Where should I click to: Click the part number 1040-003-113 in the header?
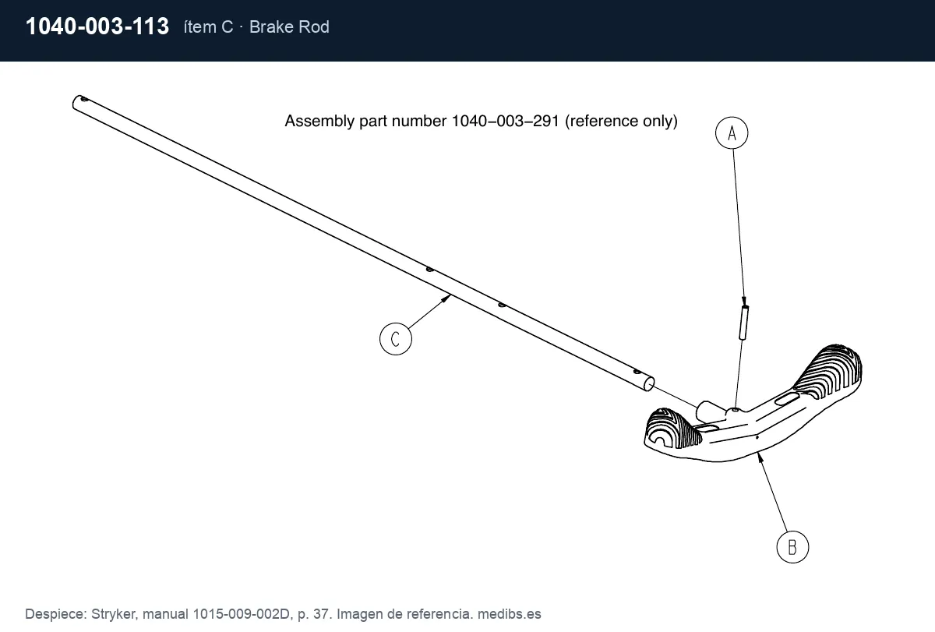pyautogui.click(x=97, y=26)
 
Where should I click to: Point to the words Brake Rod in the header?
pyautogui.click(x=289, y=27)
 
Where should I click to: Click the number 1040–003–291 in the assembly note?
pyautogui.click(x=506, y=121)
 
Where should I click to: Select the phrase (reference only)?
pyautogui.click(x=621, y=121)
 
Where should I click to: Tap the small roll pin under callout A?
pyautogui.click(x=744, y=323)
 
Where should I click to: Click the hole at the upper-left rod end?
pyautogui.click(x=84, y=99)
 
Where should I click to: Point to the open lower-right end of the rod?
pyautogui.click(x=648, y=383)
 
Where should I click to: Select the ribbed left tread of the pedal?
pyautogui.click(x=671, y=429)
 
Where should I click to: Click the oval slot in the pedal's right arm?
pyautogui.click(x=787, y=399)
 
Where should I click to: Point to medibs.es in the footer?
pyautogui.click(x=510, y=614)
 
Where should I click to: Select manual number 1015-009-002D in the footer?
pyautogui.click(x=242, y=614)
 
